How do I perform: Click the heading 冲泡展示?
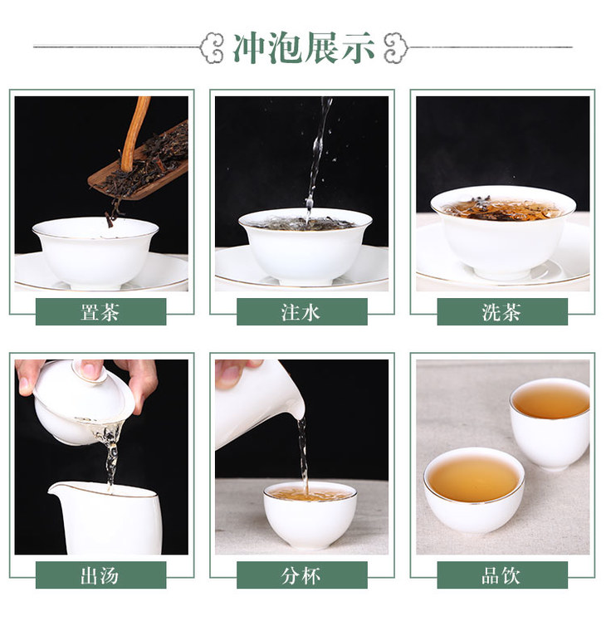pos(303,48)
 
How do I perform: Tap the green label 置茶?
pos(100,312)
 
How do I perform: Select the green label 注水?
pos(302,312)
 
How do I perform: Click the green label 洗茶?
pos(502,312)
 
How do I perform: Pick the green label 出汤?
pos(100,575)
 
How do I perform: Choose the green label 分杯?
pos(302,575)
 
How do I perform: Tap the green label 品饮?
pos(502,575)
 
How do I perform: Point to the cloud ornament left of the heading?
pos(211,48)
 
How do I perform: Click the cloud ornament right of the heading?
pos(396,48)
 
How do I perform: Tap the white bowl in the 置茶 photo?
pos(95,252)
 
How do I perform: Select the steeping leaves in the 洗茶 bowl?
pos(501,208)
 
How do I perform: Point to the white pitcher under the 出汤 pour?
pos(106,518)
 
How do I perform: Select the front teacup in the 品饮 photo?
pos(474,490)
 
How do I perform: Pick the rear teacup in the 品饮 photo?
pos(550,423)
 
